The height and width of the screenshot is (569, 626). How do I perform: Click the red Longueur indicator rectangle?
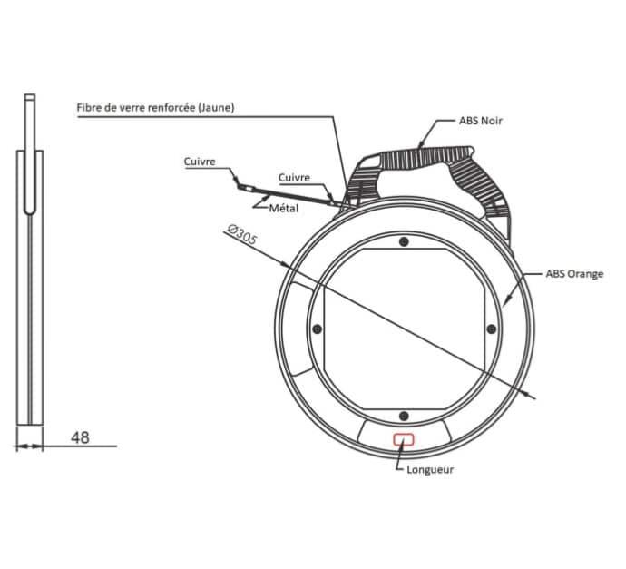pos(404,439)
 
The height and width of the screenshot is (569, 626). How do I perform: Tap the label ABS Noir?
pos(480,121)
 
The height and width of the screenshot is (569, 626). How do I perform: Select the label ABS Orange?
pos(574,274)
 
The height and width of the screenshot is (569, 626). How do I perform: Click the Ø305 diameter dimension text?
pos(242,235)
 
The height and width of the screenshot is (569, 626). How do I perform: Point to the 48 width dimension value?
pos(80,437)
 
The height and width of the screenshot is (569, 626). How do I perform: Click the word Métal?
pos(283,208)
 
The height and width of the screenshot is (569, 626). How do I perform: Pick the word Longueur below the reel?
pos(430,469)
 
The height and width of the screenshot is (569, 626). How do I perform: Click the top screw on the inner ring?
pos(404,241)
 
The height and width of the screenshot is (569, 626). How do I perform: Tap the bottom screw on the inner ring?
pos(404,416)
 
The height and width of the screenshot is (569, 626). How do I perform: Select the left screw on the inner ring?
pos(318,329)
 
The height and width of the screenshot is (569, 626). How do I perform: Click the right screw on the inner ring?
pos(492,329)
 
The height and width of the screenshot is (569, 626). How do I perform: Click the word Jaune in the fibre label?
pos(216,107)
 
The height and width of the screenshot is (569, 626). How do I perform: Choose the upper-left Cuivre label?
pos(200,162)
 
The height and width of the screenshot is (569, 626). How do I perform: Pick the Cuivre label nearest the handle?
pos(294,178)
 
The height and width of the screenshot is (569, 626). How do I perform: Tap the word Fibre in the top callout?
pos(87,107)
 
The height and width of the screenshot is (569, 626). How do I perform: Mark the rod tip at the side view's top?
pos(30,97)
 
